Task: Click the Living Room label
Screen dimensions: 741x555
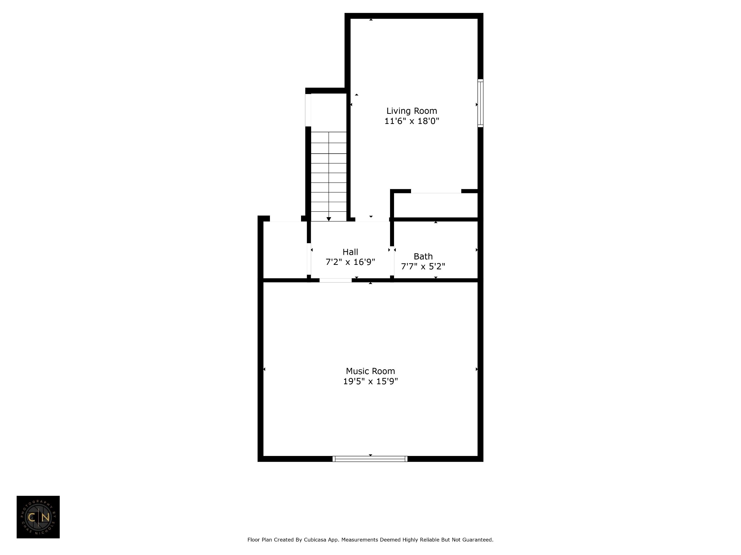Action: tap(412, 111)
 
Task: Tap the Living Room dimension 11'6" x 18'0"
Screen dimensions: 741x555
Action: tap(412, 121)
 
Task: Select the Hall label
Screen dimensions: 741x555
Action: tap(350, 252)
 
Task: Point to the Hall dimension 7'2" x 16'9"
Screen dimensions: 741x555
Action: tap(350, 262)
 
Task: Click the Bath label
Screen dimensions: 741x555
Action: tap(423, 257)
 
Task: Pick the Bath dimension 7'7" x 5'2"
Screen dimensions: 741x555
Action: tap(423, 267)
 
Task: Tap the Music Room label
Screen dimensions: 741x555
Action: tap(370, 371)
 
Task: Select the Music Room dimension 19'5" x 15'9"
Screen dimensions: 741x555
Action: tap(370, 381)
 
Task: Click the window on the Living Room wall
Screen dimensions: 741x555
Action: tap(480, 103)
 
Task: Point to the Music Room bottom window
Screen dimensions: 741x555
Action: tap(370, 459)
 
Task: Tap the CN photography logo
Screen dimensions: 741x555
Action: tap(38, 517)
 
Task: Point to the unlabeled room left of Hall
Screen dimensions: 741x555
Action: tap(285, 250)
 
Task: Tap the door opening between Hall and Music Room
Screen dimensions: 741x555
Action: tap(335, 280)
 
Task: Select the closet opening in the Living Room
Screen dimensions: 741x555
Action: tap(436, 191)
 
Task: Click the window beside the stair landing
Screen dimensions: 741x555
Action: tap(308, 110)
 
